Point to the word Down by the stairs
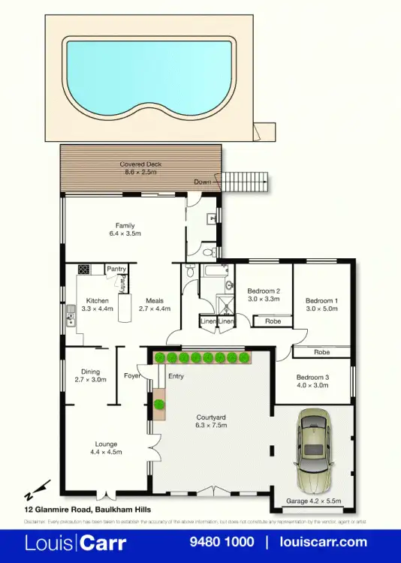202,182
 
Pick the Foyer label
132,375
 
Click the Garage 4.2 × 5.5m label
313,501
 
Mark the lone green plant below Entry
159,405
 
